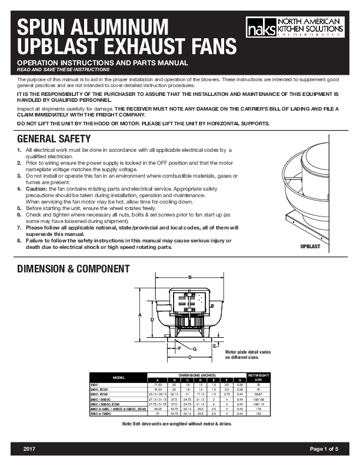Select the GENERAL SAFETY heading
[54, 139]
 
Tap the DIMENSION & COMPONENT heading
[74, 269]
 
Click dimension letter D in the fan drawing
[152, 319]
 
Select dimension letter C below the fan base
[189, 357]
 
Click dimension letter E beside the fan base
[215, 347]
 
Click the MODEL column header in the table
[118, 377]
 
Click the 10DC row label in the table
[94, 385]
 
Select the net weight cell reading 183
[258, 415]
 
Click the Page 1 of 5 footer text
[324, 449]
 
